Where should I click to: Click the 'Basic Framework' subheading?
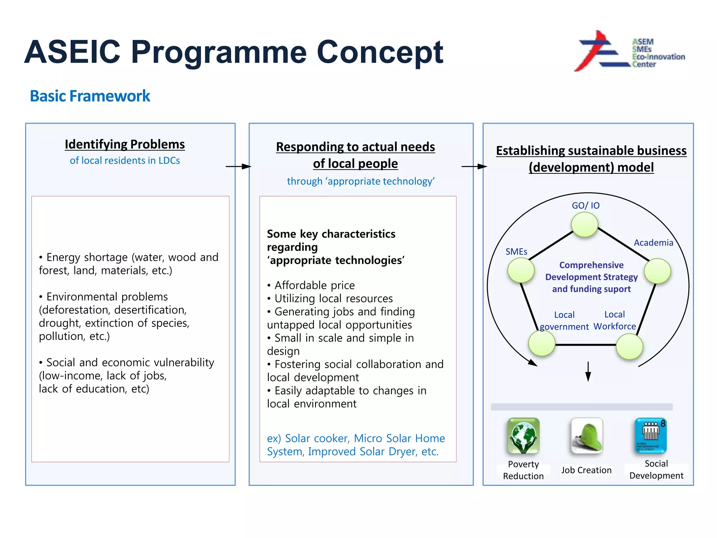click(90, 96)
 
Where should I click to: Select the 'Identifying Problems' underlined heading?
click(125, 144)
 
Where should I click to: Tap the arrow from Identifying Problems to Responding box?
click(238, 166)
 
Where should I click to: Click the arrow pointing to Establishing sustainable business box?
click(474, 166)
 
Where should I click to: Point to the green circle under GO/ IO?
click(584, 225)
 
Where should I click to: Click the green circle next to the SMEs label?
click(521, 270)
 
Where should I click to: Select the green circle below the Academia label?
click(657, 271)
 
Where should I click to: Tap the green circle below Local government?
click(542, 343)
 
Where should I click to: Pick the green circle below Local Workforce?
click(629, 346)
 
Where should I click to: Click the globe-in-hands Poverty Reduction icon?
click(523, 436)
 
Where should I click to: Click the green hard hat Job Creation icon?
click(587, 436)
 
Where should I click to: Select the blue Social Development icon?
click(650, 436)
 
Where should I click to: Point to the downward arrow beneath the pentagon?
click(588, 372)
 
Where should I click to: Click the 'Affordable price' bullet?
click(314, 285)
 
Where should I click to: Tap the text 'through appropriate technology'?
click(361, 181)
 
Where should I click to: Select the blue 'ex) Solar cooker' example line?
click(355, 439)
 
